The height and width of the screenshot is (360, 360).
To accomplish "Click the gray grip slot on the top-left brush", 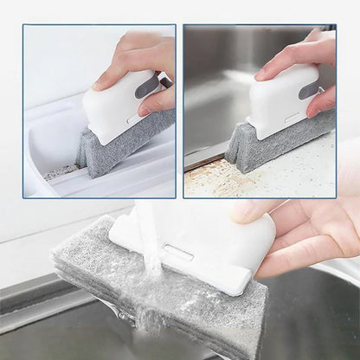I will (148, 86).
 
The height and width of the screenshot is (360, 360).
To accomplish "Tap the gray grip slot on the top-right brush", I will (309, 89).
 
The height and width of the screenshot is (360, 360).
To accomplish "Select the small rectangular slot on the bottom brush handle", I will (177, 253).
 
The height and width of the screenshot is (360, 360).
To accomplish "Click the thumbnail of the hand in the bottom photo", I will (246, 211).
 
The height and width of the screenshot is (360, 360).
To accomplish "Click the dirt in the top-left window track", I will (61, 172).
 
